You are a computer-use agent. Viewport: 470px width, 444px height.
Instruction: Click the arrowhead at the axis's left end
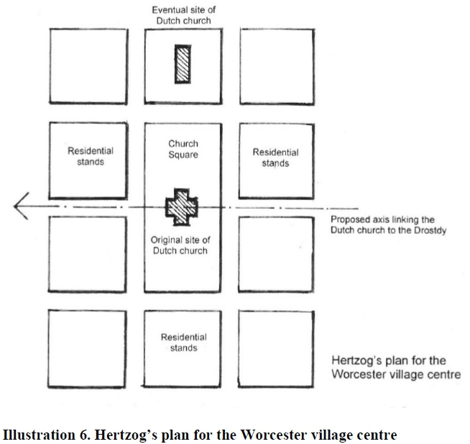19,207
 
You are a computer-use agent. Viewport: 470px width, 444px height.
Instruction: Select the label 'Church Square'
183,149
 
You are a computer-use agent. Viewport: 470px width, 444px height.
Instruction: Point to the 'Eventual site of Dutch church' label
183,15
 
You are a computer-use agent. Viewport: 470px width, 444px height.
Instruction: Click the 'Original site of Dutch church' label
180,245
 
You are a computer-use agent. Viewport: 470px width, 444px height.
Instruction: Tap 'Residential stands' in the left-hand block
91,156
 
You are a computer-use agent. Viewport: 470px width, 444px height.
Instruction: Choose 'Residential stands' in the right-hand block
275,158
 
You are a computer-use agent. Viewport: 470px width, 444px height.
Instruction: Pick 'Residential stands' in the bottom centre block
183,343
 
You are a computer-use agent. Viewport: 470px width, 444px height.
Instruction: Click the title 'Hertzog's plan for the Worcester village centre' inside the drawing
395,368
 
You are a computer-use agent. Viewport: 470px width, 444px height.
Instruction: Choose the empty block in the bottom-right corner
276,348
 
